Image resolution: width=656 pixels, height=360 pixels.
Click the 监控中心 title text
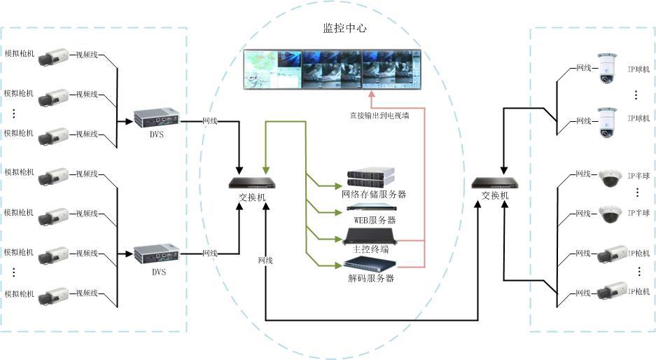(x=344, y=29)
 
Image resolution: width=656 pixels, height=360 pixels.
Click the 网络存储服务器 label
(x=374, y=194)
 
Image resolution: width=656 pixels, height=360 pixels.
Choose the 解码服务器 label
(x=370, y=278)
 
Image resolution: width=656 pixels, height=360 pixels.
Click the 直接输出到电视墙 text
(x=379, y=116)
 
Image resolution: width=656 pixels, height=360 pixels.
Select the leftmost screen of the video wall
(x=272, y=70)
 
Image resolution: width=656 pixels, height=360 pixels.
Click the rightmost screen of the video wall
(x=391, y=70)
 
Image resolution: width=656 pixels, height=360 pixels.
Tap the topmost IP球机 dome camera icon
(x=606, y=68)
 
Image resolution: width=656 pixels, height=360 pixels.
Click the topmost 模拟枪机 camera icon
(x=54, y=55)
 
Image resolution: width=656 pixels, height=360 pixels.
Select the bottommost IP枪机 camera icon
(x=614, y=291)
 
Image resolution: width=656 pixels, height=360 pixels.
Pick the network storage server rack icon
(x=371, y=177)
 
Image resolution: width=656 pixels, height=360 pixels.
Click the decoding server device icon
(x=369, y=264)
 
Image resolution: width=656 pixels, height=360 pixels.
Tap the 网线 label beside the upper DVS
(x=210, y=120)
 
